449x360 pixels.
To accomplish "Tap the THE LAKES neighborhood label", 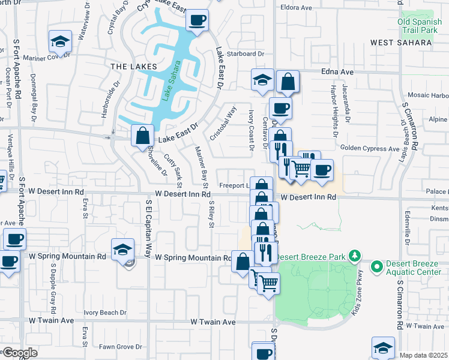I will [x=133, y=66].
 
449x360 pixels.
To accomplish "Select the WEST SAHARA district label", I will [x=400, y=43].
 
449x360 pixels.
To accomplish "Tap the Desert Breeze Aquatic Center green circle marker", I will [x=376, y=265].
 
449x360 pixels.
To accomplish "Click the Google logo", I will [x=19, y=352].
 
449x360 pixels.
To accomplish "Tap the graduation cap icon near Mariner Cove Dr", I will [x=60, y=41].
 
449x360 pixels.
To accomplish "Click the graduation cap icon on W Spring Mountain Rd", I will [x=122, y=248].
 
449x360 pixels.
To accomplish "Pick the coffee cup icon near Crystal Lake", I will [x=197, y=20].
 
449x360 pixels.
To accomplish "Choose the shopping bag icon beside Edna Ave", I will [x=288, y=82].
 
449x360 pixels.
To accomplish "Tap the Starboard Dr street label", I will [x=245, y=54].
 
